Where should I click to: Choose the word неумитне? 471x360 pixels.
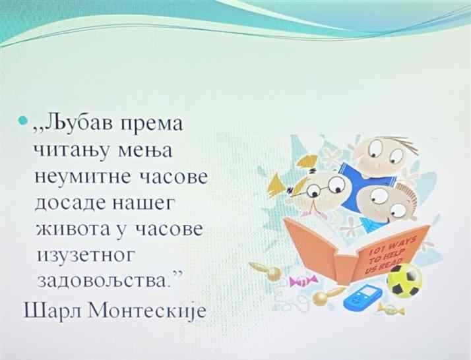[85, 176]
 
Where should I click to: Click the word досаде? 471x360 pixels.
[71, 203]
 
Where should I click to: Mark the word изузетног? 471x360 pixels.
[85, 256]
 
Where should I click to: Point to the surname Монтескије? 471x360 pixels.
[147, 310]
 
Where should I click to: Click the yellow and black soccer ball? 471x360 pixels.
[404, 280]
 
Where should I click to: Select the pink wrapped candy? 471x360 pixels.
[302, 280]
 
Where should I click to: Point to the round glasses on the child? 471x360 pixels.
[327, 187]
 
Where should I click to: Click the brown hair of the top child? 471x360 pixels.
[400, 145]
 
